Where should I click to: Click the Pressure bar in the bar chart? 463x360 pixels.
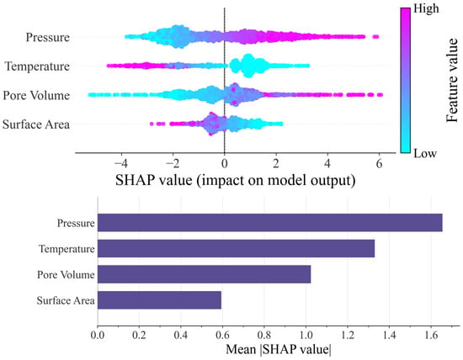[270, 223]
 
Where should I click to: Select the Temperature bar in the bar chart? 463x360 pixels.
[237, 248]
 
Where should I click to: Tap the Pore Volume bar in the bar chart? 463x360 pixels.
[204, 274]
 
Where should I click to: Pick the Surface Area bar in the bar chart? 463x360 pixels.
[159, 300]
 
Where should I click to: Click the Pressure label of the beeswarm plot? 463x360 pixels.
[48, 37]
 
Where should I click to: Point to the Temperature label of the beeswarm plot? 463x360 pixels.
[37, 66]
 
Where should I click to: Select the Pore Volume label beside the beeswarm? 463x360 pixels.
[36, 95]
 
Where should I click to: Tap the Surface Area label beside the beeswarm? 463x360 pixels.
[36, 124]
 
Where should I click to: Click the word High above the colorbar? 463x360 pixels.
[426, 8]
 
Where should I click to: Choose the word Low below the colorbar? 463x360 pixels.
[425, 153]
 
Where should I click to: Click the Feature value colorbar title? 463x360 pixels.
[452, 80]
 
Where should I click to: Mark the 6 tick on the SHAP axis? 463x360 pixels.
[379, 163]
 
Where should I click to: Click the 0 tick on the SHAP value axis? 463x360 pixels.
[225, 163]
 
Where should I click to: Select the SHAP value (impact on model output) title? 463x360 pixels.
[236, 180]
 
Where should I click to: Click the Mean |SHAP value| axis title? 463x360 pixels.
[279, 350]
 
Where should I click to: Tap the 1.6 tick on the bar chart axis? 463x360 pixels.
[431, 336]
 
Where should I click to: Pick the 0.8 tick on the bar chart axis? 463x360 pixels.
[264, 336]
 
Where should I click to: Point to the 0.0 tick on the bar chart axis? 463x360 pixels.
[98, 336]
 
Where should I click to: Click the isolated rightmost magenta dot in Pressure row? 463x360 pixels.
[375, 37]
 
